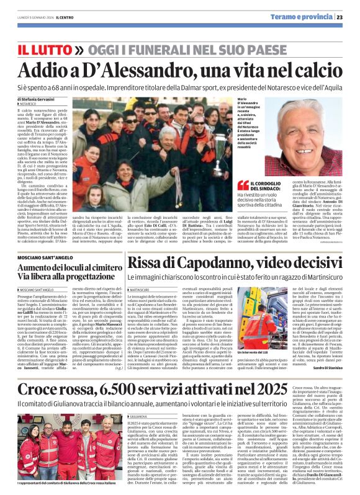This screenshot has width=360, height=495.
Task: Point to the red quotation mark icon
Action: pos(243,184)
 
